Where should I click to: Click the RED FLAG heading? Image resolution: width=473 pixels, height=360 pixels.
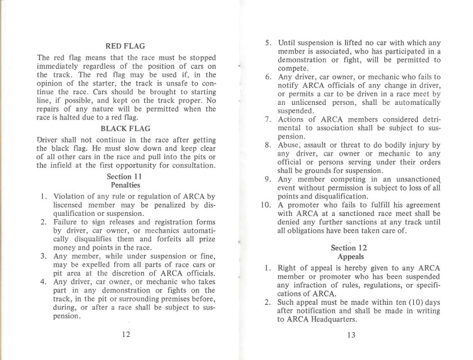(126, 46)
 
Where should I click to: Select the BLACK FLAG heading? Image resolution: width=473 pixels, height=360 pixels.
(127, 128)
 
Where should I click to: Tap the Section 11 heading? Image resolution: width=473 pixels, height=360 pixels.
(127, 176)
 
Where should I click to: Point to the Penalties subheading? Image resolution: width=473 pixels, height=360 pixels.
(127, 185)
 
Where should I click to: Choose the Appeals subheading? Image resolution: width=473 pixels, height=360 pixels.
(350, 256)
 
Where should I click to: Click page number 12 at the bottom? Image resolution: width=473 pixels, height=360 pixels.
(127, 334)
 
